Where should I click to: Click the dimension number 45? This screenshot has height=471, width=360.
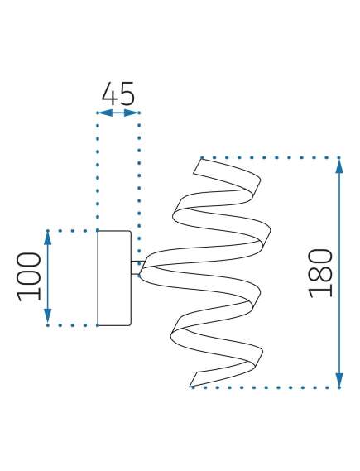[x=118, y=93]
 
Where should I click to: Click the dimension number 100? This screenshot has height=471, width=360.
[x=28, y=276]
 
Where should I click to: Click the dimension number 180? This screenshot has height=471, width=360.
[x=321, y=273]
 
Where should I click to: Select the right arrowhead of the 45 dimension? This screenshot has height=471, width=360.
[x=132, y=113]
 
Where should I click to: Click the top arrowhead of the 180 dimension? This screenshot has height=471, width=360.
[x=339, y=166]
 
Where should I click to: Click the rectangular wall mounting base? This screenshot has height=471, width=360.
[x=114, y=278]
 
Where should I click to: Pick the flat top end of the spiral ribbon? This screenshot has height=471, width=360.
[x=198, y=166]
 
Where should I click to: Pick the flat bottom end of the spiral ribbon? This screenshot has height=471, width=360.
[x=194, y=379]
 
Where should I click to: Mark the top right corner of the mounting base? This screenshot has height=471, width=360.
[x=131, y=231]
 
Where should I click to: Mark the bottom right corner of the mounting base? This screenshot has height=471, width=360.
[x=131, y=325]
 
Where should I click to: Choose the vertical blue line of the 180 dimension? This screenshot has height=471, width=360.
[x=339, y=272]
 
